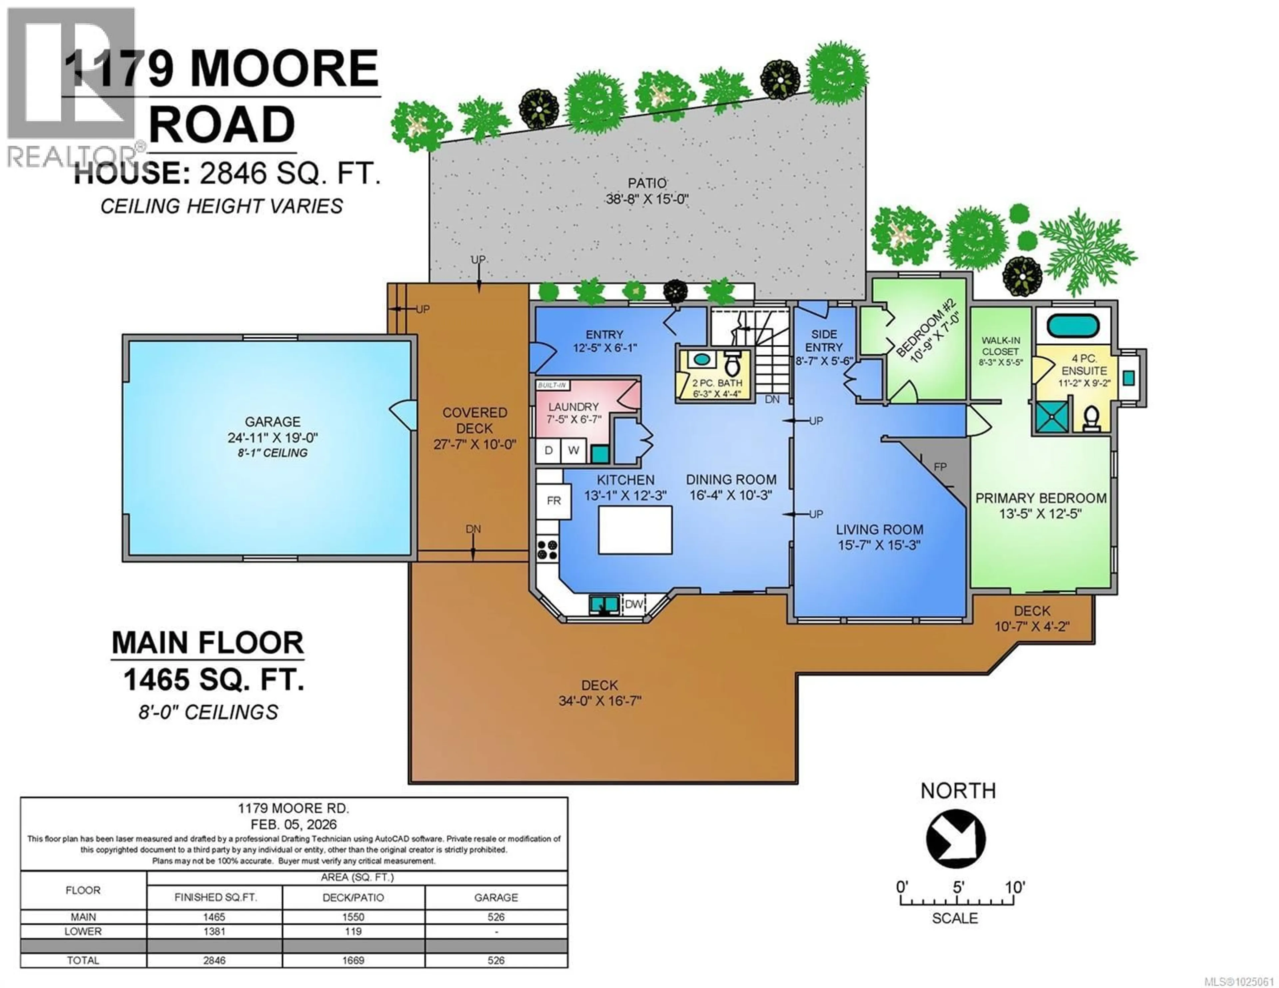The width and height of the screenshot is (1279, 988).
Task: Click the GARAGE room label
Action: click(272, 422)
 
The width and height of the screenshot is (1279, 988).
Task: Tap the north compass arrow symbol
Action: click(955, 839)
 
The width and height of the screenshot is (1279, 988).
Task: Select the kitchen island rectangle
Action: click(635, 530)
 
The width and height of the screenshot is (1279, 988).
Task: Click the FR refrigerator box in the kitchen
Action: click(554, 501)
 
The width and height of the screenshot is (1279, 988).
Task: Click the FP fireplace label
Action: click(940, 467)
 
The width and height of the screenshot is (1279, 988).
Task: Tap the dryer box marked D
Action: click(549, 450)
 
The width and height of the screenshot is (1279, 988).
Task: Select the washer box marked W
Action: click(573, 450)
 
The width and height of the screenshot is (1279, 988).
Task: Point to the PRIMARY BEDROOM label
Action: click(1041, 498)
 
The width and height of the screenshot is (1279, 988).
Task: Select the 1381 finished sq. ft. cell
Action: click(214, 931)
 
